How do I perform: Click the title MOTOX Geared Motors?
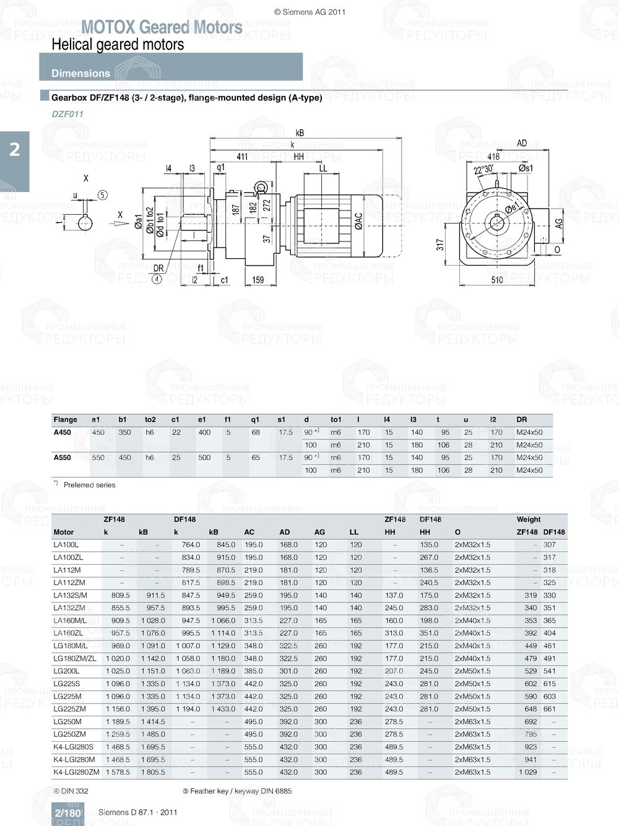[162, 27]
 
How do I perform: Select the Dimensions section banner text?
[80, 73]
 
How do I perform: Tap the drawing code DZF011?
[67, 114]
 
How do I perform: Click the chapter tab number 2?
[14, 149]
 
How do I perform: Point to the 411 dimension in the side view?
[242, 157]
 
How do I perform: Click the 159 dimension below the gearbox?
[258, 280]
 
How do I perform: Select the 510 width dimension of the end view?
[497, 280]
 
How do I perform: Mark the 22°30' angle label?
[483, 170]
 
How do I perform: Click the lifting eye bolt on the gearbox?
[261, 188]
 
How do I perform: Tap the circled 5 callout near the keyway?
[103, 195]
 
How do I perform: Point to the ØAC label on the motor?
[358, 222]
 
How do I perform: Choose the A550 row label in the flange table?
[63, 458]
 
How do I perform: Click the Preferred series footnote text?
[89, 485]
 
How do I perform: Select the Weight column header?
[529, 520]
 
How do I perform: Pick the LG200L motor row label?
[66, 671]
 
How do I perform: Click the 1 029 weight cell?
[528, 772]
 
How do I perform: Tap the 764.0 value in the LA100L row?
[191, 545]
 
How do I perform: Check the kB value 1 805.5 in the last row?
[153, 772]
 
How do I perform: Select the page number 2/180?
[67, 813]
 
